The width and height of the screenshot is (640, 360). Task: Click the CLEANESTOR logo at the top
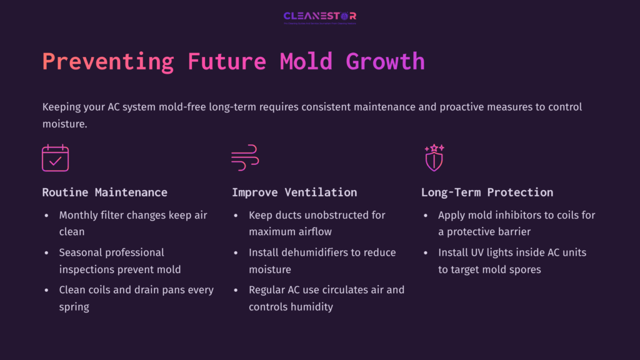pyautogui.click(x=319, y=16)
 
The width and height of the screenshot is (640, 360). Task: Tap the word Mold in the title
pyautogui.click(x=306, y=62)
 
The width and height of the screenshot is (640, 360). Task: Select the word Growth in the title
pyautogui.click(x=386, y=62)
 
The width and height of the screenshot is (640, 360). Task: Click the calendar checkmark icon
pyautogui.click(x=55, y=158)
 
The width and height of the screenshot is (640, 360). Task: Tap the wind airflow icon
pyautogui.click(x=245, y=158)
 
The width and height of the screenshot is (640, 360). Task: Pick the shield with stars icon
pyautogui.click(x=434, y=158)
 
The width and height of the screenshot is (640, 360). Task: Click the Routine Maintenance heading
pyautogui.click(x=104, y=192)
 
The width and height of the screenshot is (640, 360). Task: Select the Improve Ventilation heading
pyautogui.click(x=294, y=192)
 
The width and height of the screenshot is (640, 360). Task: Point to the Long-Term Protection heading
pyautogui.click(x=487, y=192)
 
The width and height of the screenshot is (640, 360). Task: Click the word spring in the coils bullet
pyautogui.click(x=74, y=307)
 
